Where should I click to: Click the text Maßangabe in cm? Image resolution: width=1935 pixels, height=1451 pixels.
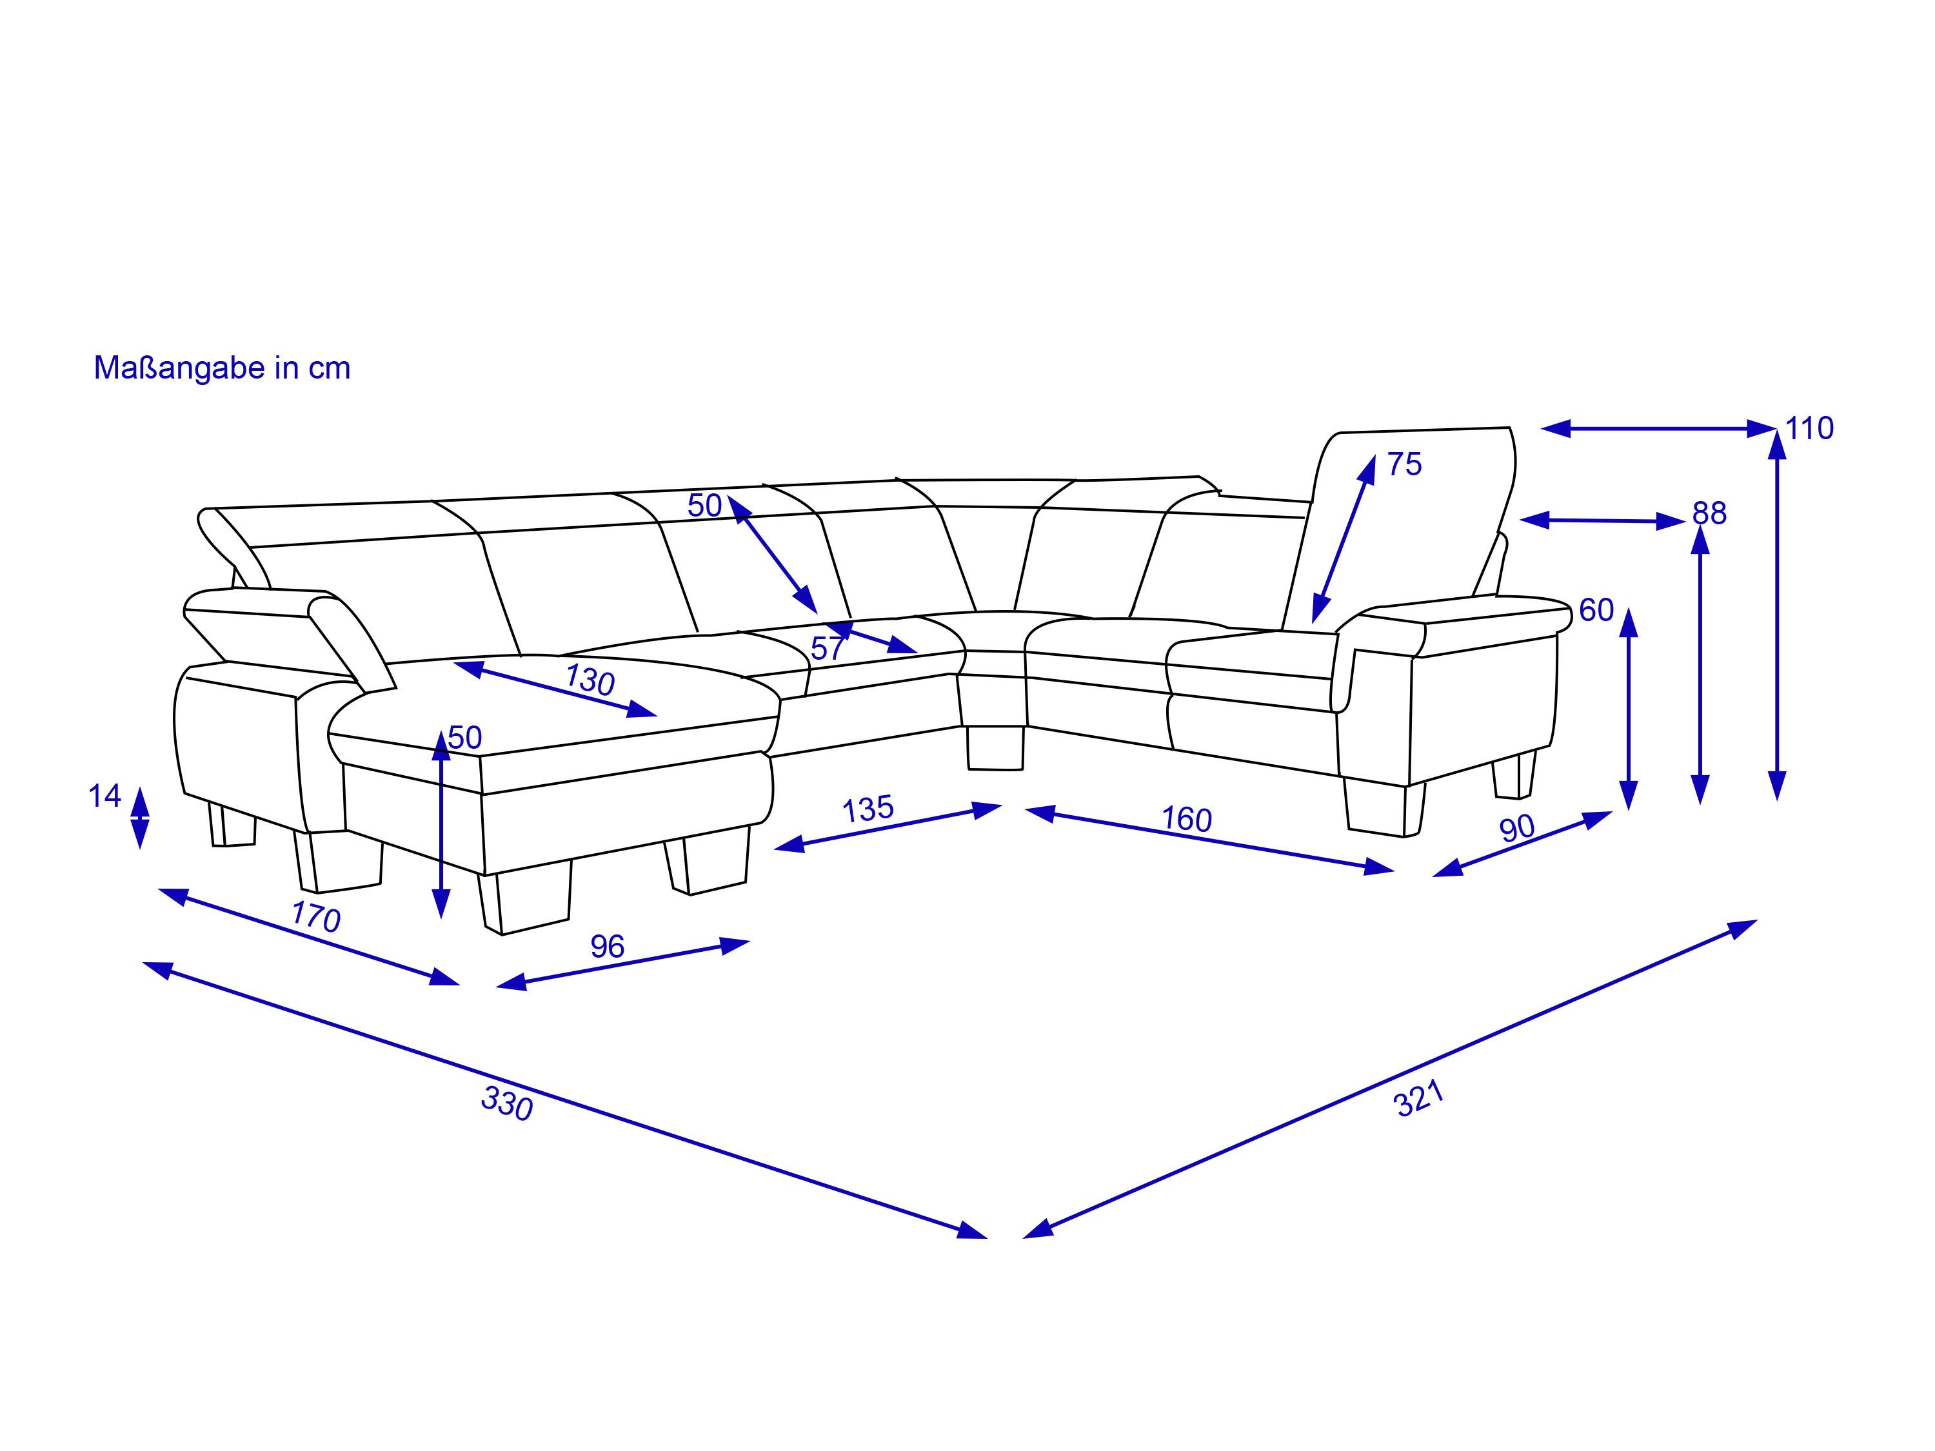pyautogui.click(x=221, y=368)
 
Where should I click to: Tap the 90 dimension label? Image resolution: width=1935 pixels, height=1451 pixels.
pyautogui.click(x=1517, y=827)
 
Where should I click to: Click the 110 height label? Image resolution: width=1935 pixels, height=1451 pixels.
pyautogui.click(x=1809, y=429)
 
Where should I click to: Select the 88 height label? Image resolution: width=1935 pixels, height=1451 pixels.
pyautogui.click(x=1709, y=513)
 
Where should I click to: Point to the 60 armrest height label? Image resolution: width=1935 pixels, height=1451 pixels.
pyautogui.click(x=1596, y=609)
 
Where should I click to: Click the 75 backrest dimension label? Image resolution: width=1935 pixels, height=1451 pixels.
pyautogui.click(x=1404, y=464)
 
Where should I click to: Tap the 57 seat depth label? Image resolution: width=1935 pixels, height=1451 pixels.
pyautogui.click(x=828, y=648)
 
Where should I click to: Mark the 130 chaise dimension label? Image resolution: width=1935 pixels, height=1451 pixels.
pyautogui.click(x=590, y=680)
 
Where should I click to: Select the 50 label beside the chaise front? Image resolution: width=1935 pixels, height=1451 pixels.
pyautogui.click(x=464, y=737)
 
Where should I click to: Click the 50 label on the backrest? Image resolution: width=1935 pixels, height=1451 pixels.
pyautogui.click(x=704, y=506)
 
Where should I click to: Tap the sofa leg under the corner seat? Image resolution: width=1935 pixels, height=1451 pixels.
pyautogui.click(x=995, y=748)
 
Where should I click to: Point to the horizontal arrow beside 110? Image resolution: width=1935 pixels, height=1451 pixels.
pyautogui.click(x=1658, y=429)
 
